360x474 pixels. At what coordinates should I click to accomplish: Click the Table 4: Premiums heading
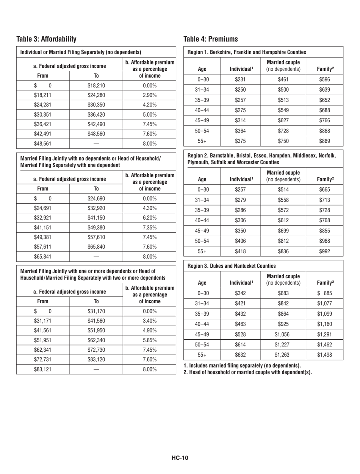[x=210, y=39]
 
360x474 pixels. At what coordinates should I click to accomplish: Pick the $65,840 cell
[x=96, y=247]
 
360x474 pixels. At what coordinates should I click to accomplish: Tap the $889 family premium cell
[x=324, y=140]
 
